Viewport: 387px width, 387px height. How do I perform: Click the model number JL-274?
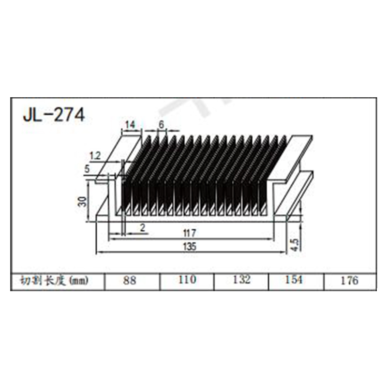point(54,115)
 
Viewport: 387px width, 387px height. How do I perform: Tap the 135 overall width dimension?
point(190,246)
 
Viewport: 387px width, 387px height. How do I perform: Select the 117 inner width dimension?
point(190,233)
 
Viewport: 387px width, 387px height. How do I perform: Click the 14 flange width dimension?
point(130,125)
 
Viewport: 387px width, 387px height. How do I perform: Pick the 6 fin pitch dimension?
point(161,125)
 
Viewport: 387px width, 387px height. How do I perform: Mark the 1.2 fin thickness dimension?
point(95,156)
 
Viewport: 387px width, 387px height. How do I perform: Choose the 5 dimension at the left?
point(87,169)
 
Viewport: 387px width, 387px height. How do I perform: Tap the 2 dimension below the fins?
point(142,228)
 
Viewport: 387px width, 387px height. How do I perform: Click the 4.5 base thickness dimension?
point(295,245)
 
